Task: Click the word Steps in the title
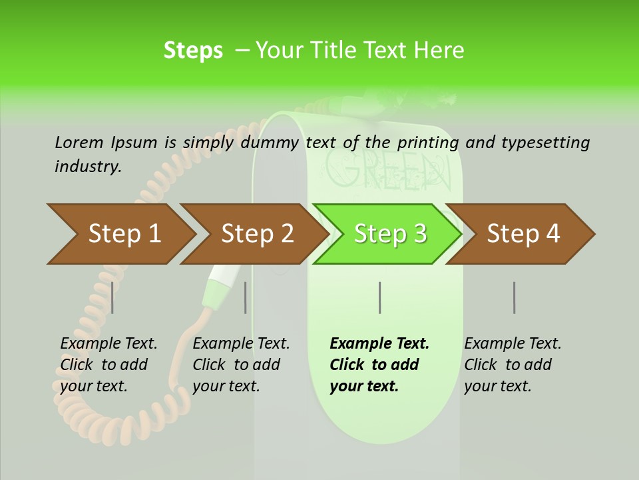click(x=193, y=51)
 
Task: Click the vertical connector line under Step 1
click(x=112, y=297)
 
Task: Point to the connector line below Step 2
click(x=246, y=297)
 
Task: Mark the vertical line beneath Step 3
click(x=379, y=297)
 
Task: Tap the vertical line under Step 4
click(x=514, y=297)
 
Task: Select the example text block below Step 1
click(x=108, y=365)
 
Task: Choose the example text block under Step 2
click(x=241, y=365)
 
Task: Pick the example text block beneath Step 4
click(x=513, y=365)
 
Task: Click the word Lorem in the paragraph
click(x=79, y=142)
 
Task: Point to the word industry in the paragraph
click(x=88, y=166)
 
